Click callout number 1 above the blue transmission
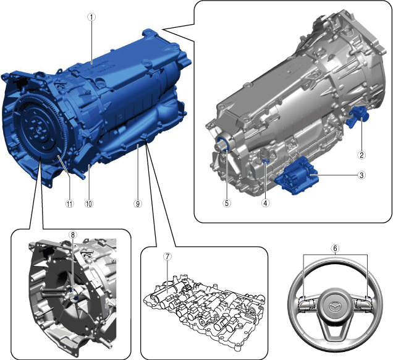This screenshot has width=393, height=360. (91, 17)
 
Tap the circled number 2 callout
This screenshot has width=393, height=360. (361, 155)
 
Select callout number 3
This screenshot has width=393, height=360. (361, 175)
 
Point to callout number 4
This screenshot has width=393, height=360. (266, 203)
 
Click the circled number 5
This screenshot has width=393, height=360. (227, 203)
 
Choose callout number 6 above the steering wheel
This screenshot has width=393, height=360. (336, 248)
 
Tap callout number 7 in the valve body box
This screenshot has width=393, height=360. (167, 256)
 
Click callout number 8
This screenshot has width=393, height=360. (73, 235)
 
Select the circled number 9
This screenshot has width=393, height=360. (138, 204)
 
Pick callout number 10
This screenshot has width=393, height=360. (89, 204)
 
